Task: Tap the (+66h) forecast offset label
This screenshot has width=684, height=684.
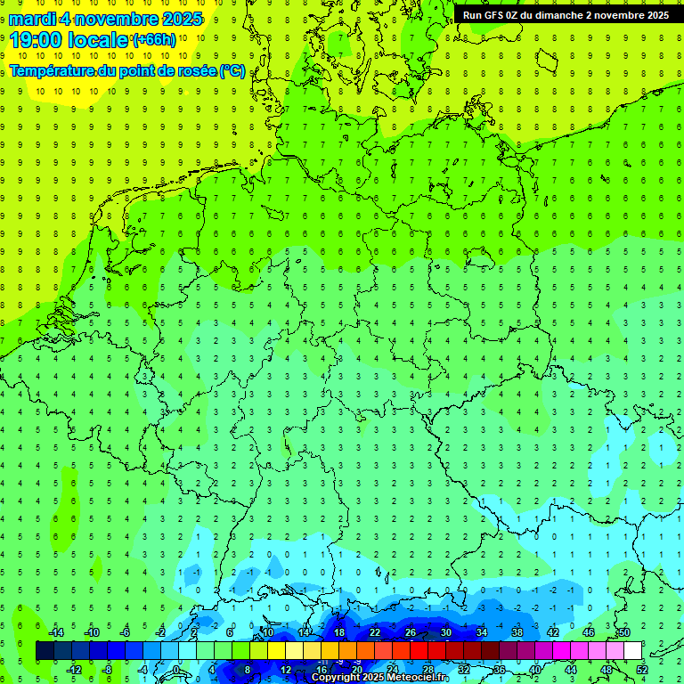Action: click(154, 40)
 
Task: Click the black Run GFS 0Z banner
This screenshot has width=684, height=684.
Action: click(566, 15)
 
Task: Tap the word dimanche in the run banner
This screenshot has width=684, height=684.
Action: click(559, 15)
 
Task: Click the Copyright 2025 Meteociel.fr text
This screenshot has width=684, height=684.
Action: click(379, 678)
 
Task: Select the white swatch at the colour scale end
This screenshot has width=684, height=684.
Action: click(632, 650)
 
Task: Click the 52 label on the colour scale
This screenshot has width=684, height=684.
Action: click(642, 669)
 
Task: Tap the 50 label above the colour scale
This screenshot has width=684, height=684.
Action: click(623, 631)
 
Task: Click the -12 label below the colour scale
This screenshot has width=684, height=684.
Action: click(74, 669)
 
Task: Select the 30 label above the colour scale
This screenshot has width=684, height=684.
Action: click(445, 631)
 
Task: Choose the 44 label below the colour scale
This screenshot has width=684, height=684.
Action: click(571, 669)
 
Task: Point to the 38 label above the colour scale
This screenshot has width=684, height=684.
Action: click(517, 631)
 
